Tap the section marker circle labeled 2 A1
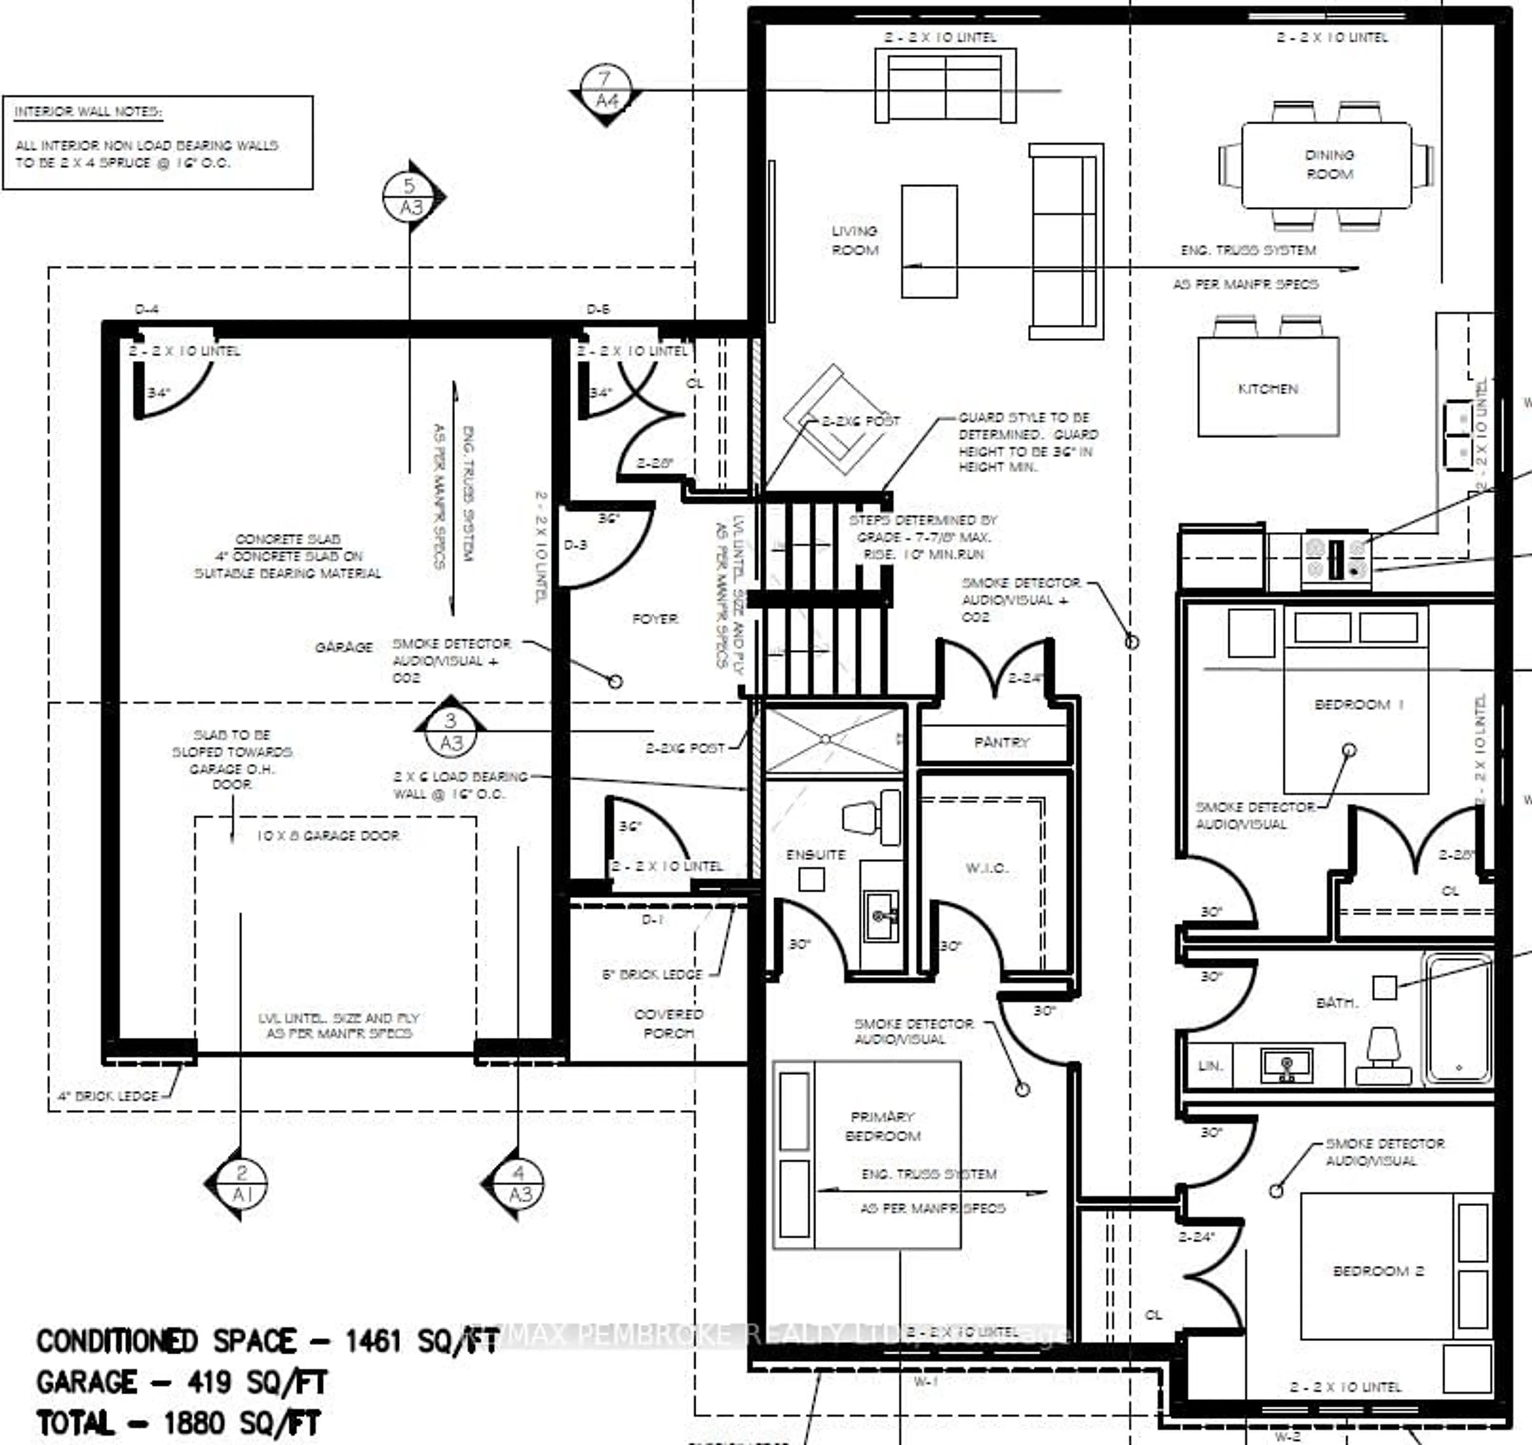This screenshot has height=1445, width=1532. point(242,1183)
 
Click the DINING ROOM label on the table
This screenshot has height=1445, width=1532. point(1329,164)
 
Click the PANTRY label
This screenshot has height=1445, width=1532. point(1001,742)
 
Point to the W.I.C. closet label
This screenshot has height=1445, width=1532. point(986,868)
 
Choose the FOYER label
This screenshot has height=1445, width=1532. point(654,619)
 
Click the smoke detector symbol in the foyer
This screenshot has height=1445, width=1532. point(615,681)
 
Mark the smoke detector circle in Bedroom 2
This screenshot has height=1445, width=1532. point(1276,1191)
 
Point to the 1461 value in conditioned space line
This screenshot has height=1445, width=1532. point(373,1342)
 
